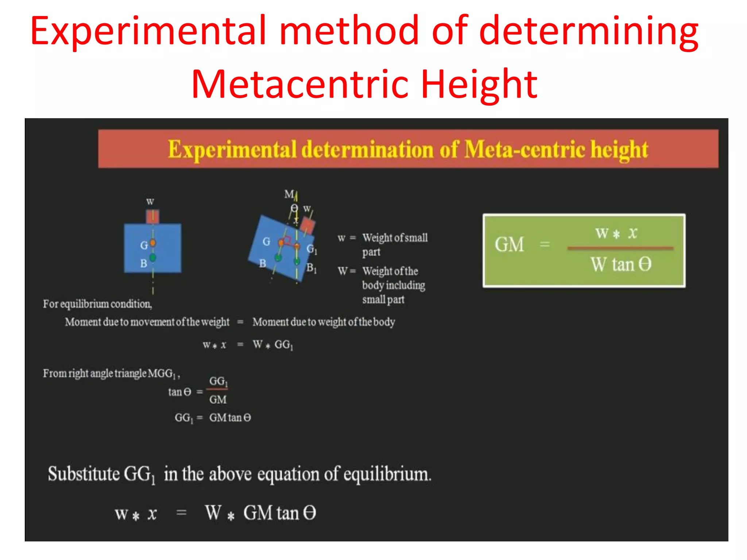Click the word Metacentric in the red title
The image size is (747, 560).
(302, 85)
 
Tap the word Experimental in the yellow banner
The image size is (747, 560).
(232, 149)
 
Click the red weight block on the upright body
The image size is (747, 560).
(152, 217)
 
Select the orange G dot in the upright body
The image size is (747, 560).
(153, 243)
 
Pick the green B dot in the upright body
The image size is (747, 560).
(152, 258)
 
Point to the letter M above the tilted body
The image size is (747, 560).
(289, 194)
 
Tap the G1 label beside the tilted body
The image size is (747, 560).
(311, 249)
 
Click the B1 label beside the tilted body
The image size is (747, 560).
(311, 268)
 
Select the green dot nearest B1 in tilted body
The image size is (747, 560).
(297, 261)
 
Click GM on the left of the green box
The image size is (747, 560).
(509, 245)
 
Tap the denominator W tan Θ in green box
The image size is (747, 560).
(621, 264)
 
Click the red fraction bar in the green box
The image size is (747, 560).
(620, 248)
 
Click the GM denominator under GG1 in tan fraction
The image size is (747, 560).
(218, 400)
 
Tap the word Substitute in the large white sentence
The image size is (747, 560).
(84, 474)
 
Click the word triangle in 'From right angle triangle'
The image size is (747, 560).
(131, 373)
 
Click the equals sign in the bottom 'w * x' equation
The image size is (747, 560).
(181, 513)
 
